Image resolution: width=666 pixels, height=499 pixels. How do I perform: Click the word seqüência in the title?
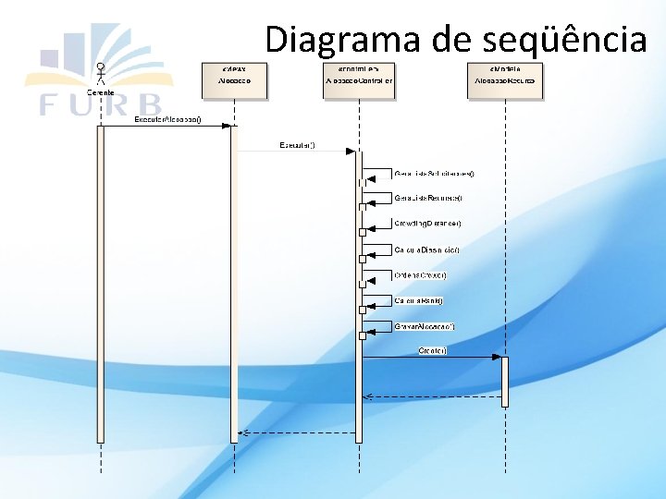pos(563,39)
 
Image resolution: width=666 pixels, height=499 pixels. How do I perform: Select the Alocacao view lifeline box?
pos(235,79)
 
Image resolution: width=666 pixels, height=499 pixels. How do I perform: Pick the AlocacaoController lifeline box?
pos(358,79)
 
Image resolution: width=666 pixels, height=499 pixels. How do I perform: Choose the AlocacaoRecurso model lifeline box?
pos(504,79)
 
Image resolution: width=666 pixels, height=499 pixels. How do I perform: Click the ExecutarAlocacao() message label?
pos(167,120)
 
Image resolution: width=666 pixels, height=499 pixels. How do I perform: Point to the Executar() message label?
pos(296,145)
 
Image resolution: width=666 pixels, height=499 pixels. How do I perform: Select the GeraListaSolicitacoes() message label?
pos(434,173)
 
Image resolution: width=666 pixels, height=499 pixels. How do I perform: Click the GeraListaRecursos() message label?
pos(427,198)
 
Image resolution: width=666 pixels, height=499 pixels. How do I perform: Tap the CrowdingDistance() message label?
pos(427,224)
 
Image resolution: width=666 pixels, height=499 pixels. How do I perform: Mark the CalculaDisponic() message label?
pos(426,249)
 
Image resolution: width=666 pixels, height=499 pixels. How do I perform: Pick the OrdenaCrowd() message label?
pos(421,275)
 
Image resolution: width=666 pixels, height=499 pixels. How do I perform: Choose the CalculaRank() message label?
pos(418,300)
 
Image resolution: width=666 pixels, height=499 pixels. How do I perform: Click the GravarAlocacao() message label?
pos(425,326)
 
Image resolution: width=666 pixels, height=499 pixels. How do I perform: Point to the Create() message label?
pos(433,350)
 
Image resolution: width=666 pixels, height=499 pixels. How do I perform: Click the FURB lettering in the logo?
pos(100,104)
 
